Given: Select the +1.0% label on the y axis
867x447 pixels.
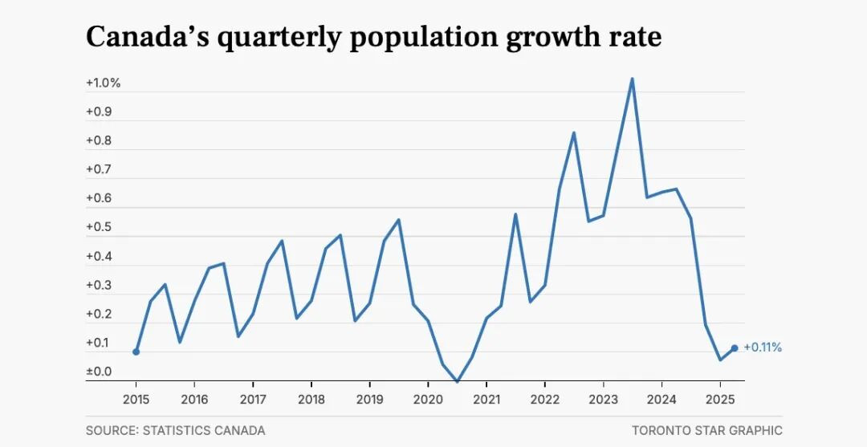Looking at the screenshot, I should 104,83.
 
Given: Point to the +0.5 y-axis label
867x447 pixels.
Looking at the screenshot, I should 100,228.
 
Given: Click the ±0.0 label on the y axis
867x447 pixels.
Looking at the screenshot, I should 100,372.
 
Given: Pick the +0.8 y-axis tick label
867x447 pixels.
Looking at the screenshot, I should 100,141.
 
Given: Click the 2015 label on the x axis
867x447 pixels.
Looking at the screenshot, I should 136,399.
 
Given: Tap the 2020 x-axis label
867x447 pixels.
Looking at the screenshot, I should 428,399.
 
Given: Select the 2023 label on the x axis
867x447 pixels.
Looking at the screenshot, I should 603,399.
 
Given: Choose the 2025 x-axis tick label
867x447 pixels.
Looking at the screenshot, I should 720,399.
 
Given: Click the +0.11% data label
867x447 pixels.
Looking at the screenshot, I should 763,347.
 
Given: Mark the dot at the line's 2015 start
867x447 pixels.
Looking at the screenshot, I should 136,352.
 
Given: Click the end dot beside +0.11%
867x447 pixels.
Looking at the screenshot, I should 735,348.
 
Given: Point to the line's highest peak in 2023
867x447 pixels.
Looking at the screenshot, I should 632,79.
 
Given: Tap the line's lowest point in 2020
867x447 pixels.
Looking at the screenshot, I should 457,381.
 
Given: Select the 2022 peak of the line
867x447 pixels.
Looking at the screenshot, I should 573,132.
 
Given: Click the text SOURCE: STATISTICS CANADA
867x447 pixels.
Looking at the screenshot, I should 175,430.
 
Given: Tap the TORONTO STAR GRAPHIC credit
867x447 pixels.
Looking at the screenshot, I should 706,430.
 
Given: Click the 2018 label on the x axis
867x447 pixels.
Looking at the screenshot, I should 311,399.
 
